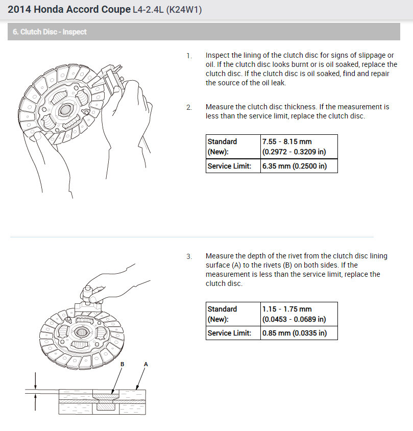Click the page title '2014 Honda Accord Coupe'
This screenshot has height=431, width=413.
coord(69,10)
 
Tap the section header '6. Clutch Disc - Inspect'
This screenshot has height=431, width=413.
coord(50,32)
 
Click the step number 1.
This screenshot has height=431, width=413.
coord(189,55)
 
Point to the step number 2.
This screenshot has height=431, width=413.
coord(189,107)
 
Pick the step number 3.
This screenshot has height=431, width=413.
coord(189,256)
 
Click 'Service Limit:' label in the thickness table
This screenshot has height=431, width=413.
coord(229,166)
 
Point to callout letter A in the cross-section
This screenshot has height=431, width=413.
coord(146,364)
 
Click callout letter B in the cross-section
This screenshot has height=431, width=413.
coord(122,364)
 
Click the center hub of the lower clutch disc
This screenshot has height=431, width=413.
coord(81,332)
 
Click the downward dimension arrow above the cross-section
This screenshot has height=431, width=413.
coord(35,381)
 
